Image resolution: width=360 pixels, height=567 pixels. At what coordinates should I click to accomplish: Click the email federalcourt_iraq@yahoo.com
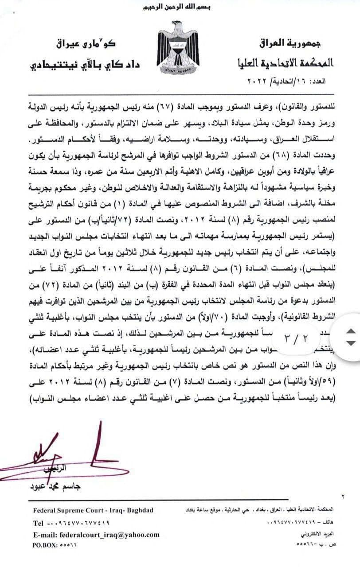coord(96,535)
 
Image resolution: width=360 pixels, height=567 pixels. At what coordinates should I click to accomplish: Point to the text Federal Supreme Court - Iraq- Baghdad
coord(93,511)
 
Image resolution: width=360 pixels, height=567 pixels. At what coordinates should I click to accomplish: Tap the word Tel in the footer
coord(39,523)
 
